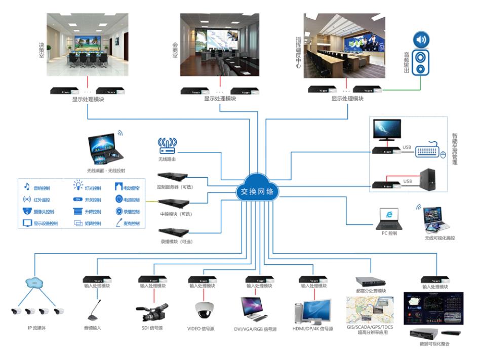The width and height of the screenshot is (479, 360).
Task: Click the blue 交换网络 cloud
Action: click(257, 191)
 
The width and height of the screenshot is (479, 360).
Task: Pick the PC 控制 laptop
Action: click(388, 218)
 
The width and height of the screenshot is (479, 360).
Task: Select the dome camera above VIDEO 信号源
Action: click(204, 309)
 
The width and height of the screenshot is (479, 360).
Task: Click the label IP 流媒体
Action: click(37, 328)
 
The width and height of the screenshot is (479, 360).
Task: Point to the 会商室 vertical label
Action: click(175, 51)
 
